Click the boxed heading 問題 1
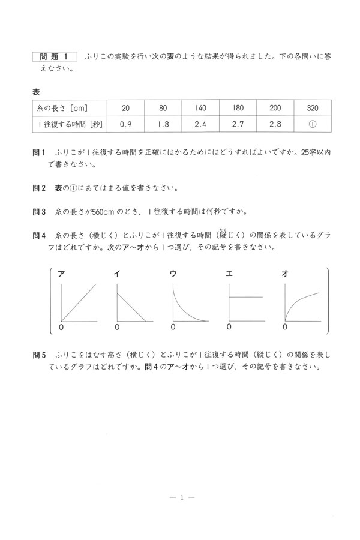(x=55, y=56)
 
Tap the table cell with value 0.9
(x=125, y=125)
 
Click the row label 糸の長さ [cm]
(x=63, y=108)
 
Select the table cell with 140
(x=200, y=108)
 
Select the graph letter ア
(x=61, y=274)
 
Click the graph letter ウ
(x=173, y=274)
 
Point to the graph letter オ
(x=285, y=274)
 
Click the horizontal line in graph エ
(x=246, y=297)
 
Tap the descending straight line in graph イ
(x=131, y=306)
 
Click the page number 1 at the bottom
(x=180, y=497)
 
